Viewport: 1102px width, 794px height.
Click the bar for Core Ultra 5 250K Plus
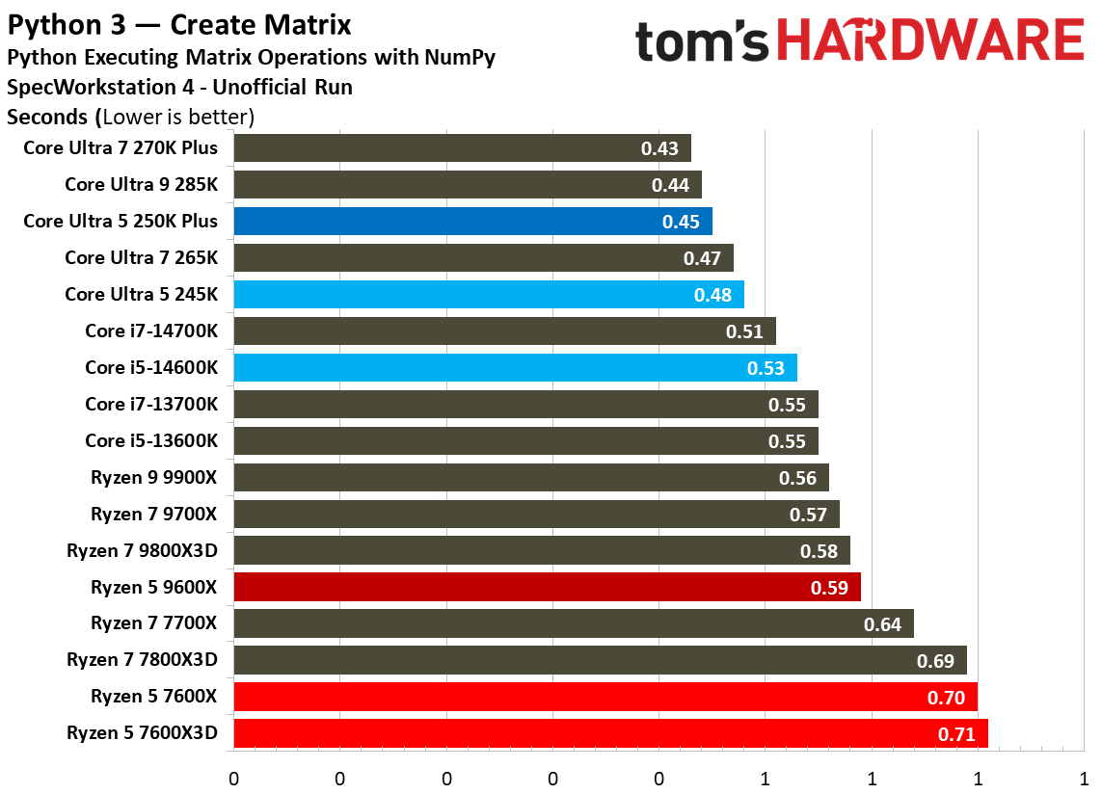click(472, 221)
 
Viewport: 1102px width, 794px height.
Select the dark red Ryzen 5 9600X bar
click(547, 587)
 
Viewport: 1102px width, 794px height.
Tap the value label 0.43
click(659, 148)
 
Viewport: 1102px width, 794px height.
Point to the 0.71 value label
click(956, 734)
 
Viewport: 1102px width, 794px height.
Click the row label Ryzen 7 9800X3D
click(142, 550)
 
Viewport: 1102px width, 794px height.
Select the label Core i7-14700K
click(151, 331)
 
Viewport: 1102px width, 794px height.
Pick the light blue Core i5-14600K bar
click(515, 367)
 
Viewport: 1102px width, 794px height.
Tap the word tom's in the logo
click(703, 43)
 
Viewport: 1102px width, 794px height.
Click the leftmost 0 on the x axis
click(233, 778)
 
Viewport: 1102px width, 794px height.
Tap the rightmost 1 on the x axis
click(1085, 778)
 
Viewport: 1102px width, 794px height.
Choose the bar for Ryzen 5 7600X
click(605, 697)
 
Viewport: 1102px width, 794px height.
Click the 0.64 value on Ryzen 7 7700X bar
click(882, 624)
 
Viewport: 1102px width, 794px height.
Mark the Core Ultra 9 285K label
click(141, 184)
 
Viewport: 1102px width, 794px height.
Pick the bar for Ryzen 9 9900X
click(530, 478)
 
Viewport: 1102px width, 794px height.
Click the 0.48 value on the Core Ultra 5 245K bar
click(712, 295)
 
